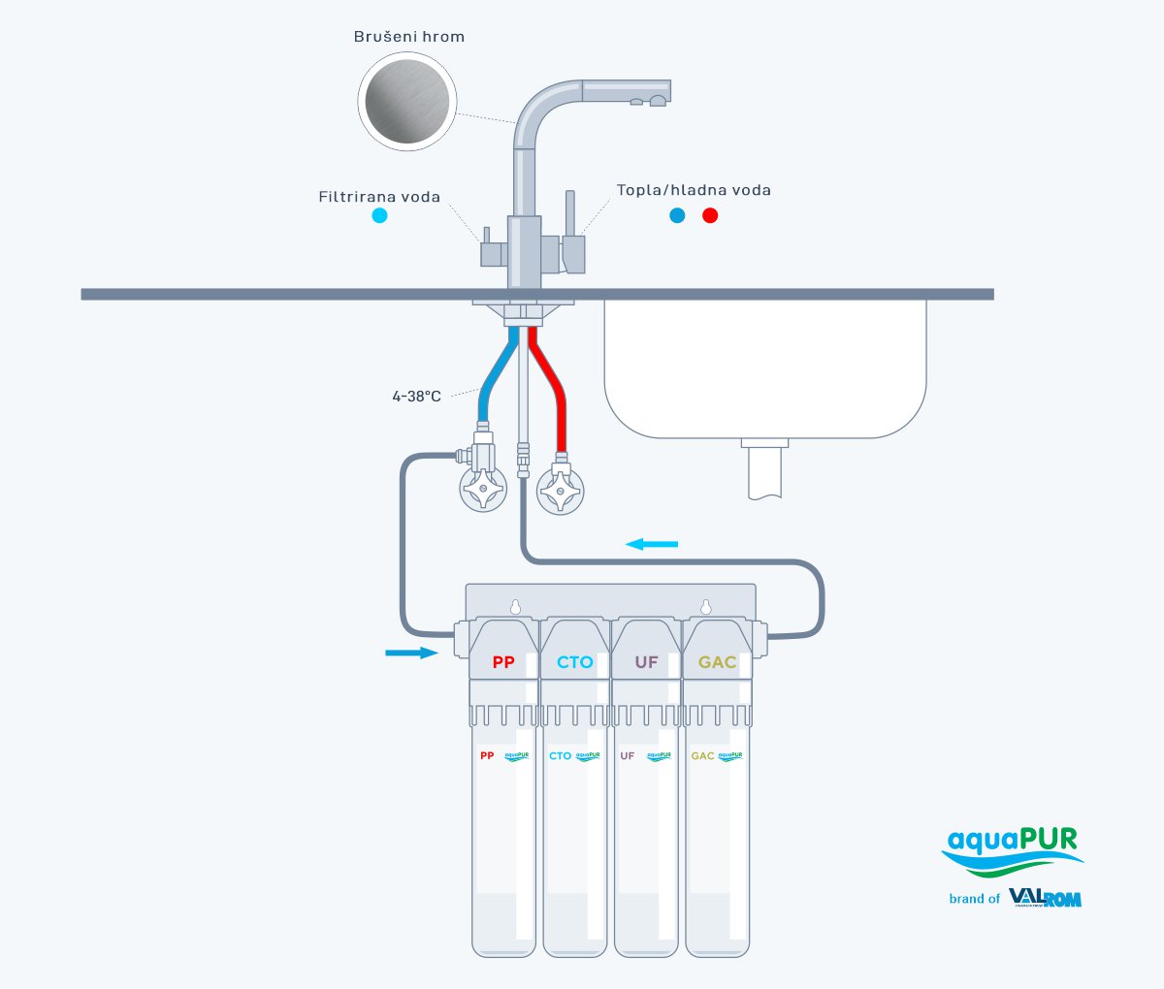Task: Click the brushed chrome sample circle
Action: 407,102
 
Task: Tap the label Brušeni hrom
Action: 408,37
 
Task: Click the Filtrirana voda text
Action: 379,197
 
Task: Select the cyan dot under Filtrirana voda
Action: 379,215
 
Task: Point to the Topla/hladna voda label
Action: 694,190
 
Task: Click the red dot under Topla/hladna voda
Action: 710,215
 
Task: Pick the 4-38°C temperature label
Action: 416,396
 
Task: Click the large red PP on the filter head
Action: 503,662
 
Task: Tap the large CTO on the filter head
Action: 574,662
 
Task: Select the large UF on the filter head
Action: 646,662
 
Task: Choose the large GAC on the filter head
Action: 718,662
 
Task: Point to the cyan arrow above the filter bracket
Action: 652,544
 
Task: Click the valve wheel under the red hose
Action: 561,491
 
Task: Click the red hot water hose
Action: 554,388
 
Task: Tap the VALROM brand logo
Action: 1045,898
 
